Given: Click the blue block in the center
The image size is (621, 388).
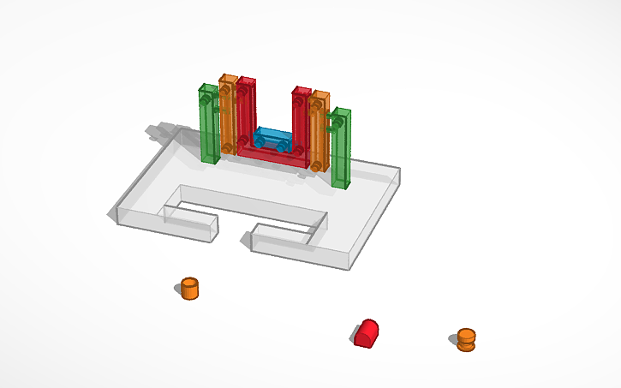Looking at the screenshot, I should (x=272, y=138).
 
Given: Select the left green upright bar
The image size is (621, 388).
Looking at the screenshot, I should (x=207, y=124).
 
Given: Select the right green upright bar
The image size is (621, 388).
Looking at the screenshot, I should (x=341, y=150).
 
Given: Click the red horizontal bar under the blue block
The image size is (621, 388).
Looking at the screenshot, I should (x=272, y=155).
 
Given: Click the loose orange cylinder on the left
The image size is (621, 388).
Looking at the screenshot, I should (x=189, y=289).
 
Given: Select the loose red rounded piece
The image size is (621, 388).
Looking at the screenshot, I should (x=367, y=332).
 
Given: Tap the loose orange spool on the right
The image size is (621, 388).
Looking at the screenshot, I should (x=465, y=339).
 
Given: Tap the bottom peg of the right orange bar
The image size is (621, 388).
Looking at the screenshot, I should (x=317, y=164).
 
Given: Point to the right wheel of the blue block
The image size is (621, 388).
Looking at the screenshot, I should (x=283, y=146).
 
